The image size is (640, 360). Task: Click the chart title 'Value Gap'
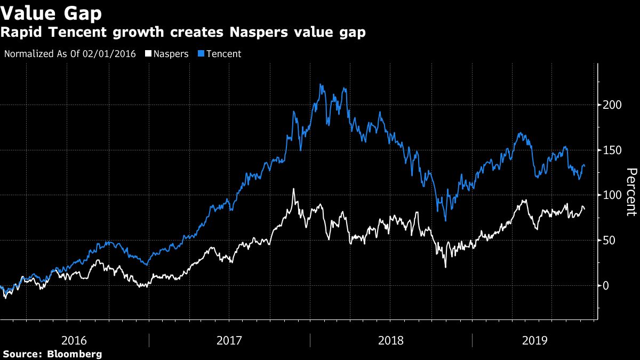pyautogui.click(x=52, y=13)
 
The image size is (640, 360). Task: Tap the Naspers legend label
pyautogui.click(x=171, y=54)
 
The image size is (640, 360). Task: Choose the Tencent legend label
pyautogui.click(x=223, y=54)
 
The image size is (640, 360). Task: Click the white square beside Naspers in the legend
pyautogui.click(x=149, y=54)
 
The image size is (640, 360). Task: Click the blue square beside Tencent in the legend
pyautogui.click(x=202, y=54)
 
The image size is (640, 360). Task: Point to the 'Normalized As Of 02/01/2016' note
pyautogui.click(x=70, y=54)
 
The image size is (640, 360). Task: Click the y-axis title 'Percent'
pyautogui.click(x=631, y=192)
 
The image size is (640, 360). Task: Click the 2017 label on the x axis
pyautogui.click(x=229, y=340)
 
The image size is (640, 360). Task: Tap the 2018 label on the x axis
pyautogui.click(x=391, y=340)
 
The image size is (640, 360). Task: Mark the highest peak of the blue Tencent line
pyautogui.click(x=321, y=84)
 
